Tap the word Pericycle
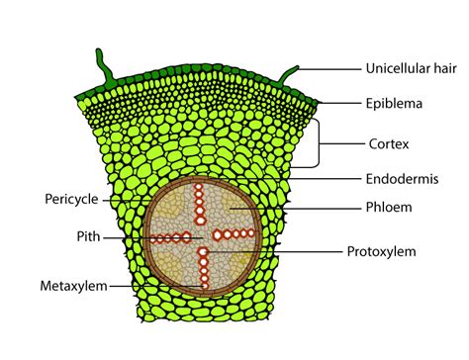pyautogui.click(x=70, y=199)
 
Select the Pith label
pyautogui.click(x=83, y=238)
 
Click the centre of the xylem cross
pyautogui.click(x=202, y=237)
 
